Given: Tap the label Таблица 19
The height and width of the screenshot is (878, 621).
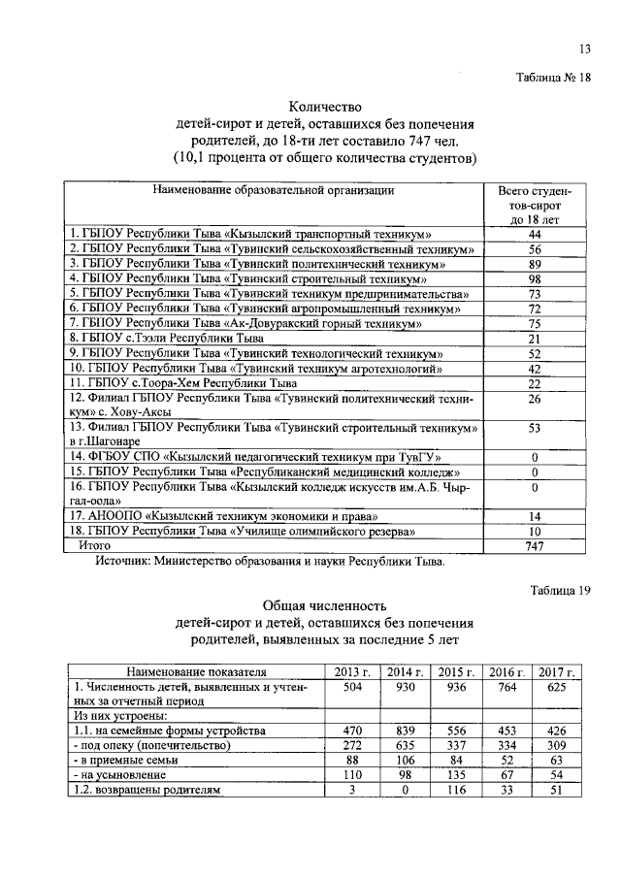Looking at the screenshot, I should [559, 589].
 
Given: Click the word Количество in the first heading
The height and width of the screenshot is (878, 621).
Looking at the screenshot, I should [325, 107].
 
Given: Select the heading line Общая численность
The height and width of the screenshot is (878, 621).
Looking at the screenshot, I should [325, 605].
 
